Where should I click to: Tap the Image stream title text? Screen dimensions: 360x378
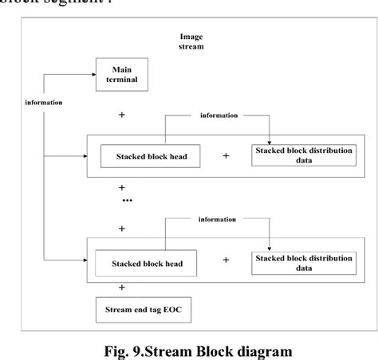click(192, 41)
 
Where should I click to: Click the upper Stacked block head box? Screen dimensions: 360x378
click(149, 156)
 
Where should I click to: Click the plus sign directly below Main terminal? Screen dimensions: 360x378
click(122, 115)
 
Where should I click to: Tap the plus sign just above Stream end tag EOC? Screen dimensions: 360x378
click(122, 287)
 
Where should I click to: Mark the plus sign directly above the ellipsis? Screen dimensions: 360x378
click(122, 188)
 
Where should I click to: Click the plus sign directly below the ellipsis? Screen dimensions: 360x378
click(122, 229)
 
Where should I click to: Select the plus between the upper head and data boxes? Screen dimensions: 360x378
click(226, 156)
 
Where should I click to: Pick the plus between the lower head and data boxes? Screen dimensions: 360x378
click(226, 260)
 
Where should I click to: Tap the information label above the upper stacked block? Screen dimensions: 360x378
click(218, 116)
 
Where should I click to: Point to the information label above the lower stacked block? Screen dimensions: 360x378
click(218, 220)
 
